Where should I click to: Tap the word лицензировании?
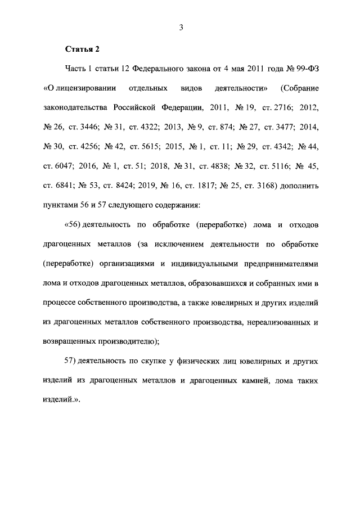click(x=83, y=88)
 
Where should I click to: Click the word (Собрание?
click(x=299, y=88)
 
